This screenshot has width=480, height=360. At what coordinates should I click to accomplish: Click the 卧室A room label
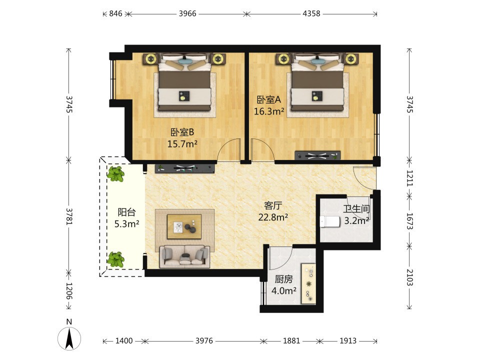click(x=269, y=100)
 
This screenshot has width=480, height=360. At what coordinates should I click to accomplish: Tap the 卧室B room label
click(x=182, y=132)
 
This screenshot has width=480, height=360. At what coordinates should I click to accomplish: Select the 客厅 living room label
click(x=273, y=205)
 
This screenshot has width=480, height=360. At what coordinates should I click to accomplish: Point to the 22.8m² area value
click(x=273, y=217)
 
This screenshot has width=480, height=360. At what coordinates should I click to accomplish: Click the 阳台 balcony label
click(x=126, y=212)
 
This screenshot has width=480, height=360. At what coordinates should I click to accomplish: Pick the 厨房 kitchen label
click(x=283, y=279)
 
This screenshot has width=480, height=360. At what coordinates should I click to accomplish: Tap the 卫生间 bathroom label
click(x=356, y=209)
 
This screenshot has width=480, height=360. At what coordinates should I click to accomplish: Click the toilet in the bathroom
click(x=330, y=221)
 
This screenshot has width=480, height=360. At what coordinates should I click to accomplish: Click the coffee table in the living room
click(x=184, y=226)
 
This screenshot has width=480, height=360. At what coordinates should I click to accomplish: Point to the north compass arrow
click(x=69, y=338)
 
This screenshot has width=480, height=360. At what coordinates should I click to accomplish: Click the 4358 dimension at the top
click(x=311, y=13)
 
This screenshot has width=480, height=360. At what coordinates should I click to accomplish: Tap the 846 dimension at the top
click(x=115, y=13)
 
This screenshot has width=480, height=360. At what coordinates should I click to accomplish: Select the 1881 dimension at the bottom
click(x=291, y=340)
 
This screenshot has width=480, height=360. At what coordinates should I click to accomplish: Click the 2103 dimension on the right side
click(x=409, y=277)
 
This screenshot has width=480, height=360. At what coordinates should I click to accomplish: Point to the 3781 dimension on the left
click(x=69, y=216)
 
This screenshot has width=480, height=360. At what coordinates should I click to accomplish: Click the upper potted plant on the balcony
click(x=115, y=174)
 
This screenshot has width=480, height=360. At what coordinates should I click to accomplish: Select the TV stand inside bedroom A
click(x=317, y=155)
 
